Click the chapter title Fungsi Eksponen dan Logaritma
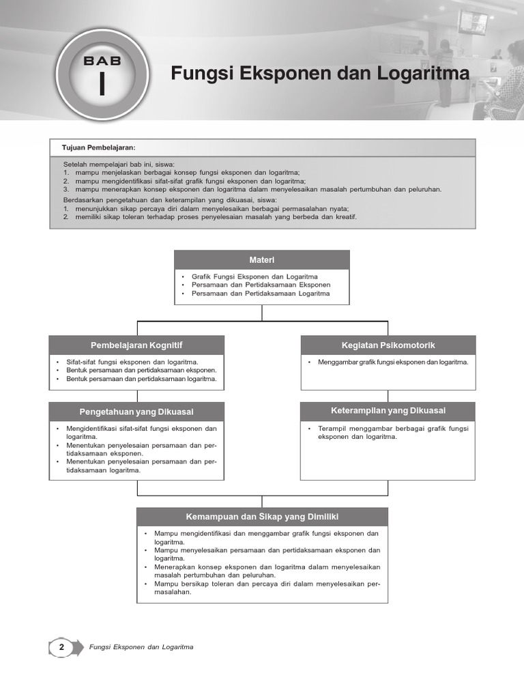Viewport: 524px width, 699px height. coord(319,73)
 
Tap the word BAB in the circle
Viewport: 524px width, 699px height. coord(102,61)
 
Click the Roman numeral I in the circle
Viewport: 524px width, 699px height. coord(102,85)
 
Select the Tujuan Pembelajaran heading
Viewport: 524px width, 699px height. coord(99,147)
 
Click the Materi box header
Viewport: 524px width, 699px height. coord(262,259)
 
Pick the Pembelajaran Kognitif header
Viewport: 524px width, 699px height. coord(136,345)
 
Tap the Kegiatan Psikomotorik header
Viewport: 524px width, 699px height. coord(388,345)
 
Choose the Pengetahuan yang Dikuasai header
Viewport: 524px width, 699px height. coord(136,411)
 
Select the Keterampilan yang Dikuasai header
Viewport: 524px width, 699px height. coord(388,410)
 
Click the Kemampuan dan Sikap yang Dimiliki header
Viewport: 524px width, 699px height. coord(263,517)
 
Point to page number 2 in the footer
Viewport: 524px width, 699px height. coord(62,646)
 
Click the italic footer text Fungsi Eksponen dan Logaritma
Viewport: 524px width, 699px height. coord(141,647)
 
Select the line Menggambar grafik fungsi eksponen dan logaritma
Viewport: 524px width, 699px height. coord(393,362)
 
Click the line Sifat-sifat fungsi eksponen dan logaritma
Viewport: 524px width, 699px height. coord(132,362)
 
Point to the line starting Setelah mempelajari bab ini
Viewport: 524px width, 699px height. coord(119,165)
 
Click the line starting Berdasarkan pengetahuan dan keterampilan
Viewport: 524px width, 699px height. coord(170,199)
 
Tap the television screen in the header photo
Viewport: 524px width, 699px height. coord(472,22)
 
